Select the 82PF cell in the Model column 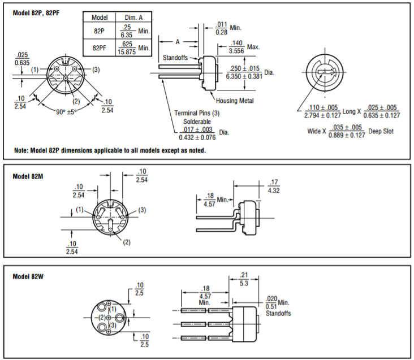(100, 47)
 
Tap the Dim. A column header (132, 18)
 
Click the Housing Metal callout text (235, 101)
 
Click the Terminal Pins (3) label (197, 113)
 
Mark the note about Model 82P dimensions (110, 151)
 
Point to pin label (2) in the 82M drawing (126, 242)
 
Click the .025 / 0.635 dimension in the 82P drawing (23, 59)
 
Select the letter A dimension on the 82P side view (177, 41)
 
